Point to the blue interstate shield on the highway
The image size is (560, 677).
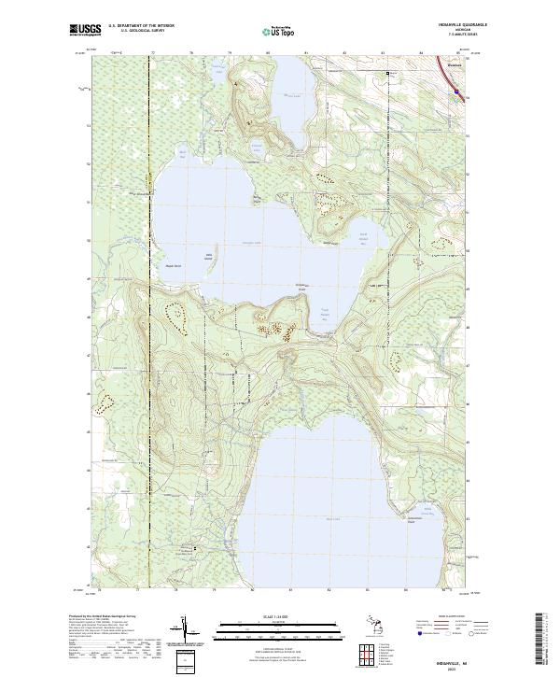(455, 92)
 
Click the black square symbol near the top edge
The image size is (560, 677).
(391, 72)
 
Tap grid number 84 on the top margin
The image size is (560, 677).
(421, 54)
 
